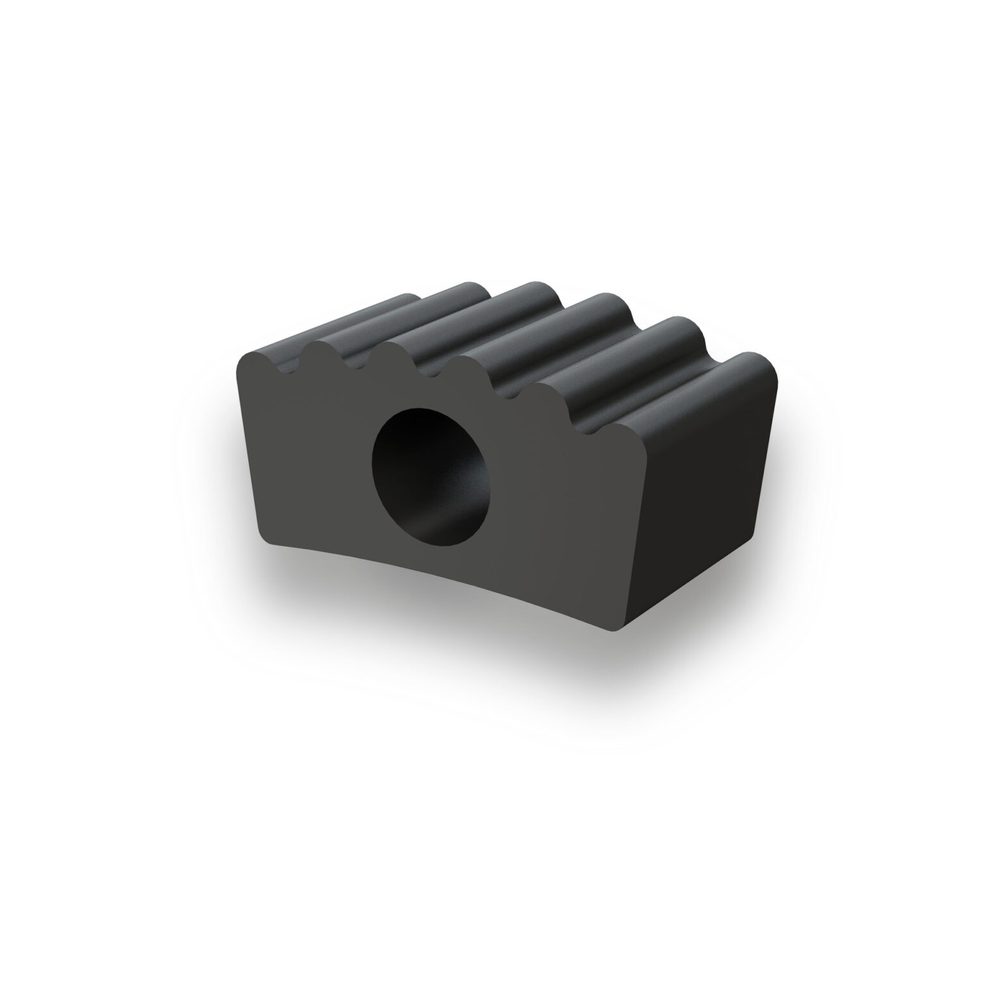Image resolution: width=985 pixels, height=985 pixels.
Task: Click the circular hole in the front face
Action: pyautogui.click(x=428, y=476)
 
